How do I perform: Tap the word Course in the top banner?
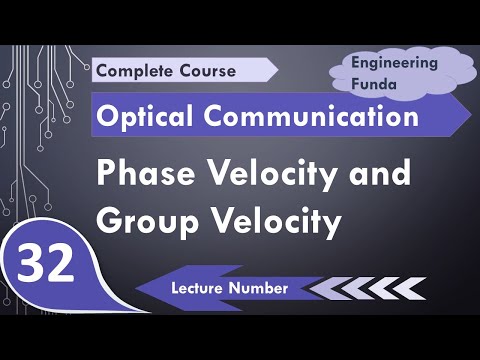[206, 71]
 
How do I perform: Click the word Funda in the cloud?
[374, 84]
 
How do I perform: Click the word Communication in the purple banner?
[306, 117]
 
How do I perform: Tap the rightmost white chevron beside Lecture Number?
[409, 288]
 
